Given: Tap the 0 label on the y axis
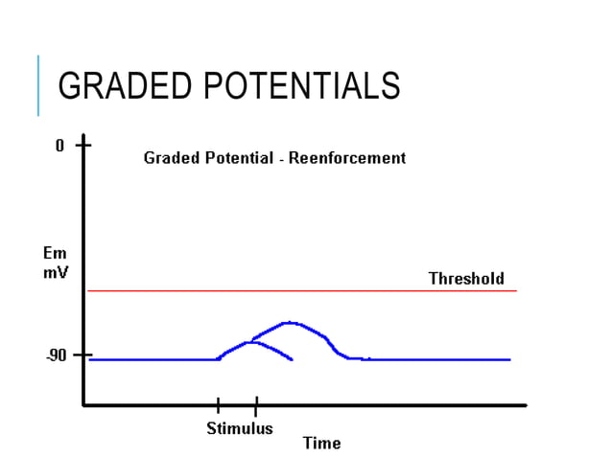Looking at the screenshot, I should point(59,147).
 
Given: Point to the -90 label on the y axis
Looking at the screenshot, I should point(57,356).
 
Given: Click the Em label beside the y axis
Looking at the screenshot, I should point(55,254).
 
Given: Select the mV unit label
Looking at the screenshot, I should point(55,272).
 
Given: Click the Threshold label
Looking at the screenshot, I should point(465,279).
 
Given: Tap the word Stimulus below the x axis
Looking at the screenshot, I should point(240,428).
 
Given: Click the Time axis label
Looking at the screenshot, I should point(321,444).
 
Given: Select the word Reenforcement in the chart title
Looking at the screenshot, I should point(347,158).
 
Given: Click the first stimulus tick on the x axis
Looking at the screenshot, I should point(218,404).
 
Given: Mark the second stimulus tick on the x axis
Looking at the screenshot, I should point(256,404).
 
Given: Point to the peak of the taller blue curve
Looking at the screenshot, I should point(288,323).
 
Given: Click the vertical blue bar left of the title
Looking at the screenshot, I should point(38,85).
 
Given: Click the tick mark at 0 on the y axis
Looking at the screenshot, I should point(84,147).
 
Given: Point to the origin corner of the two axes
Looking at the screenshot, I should point(84,405).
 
